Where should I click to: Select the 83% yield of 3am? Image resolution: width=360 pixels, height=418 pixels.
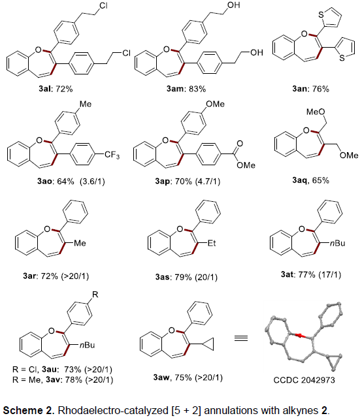197,89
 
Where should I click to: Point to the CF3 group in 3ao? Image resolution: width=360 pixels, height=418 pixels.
112,155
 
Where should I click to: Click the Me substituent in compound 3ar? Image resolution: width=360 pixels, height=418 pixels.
80,243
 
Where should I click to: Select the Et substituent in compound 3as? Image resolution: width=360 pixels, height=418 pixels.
212,243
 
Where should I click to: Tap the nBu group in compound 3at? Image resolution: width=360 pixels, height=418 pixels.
337,243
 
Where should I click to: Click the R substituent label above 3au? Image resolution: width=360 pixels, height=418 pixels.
95,295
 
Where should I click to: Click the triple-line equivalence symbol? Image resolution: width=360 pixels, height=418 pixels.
241,338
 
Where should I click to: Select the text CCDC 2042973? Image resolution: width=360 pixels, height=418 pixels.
304,379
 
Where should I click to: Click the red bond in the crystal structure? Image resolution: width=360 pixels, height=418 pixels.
300,335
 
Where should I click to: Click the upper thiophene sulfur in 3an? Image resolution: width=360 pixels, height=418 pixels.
321,14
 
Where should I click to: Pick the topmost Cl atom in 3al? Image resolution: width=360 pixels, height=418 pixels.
103,5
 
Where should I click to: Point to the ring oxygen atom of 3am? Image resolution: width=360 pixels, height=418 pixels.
167,50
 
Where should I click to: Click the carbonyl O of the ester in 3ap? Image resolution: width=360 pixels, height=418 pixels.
240,144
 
